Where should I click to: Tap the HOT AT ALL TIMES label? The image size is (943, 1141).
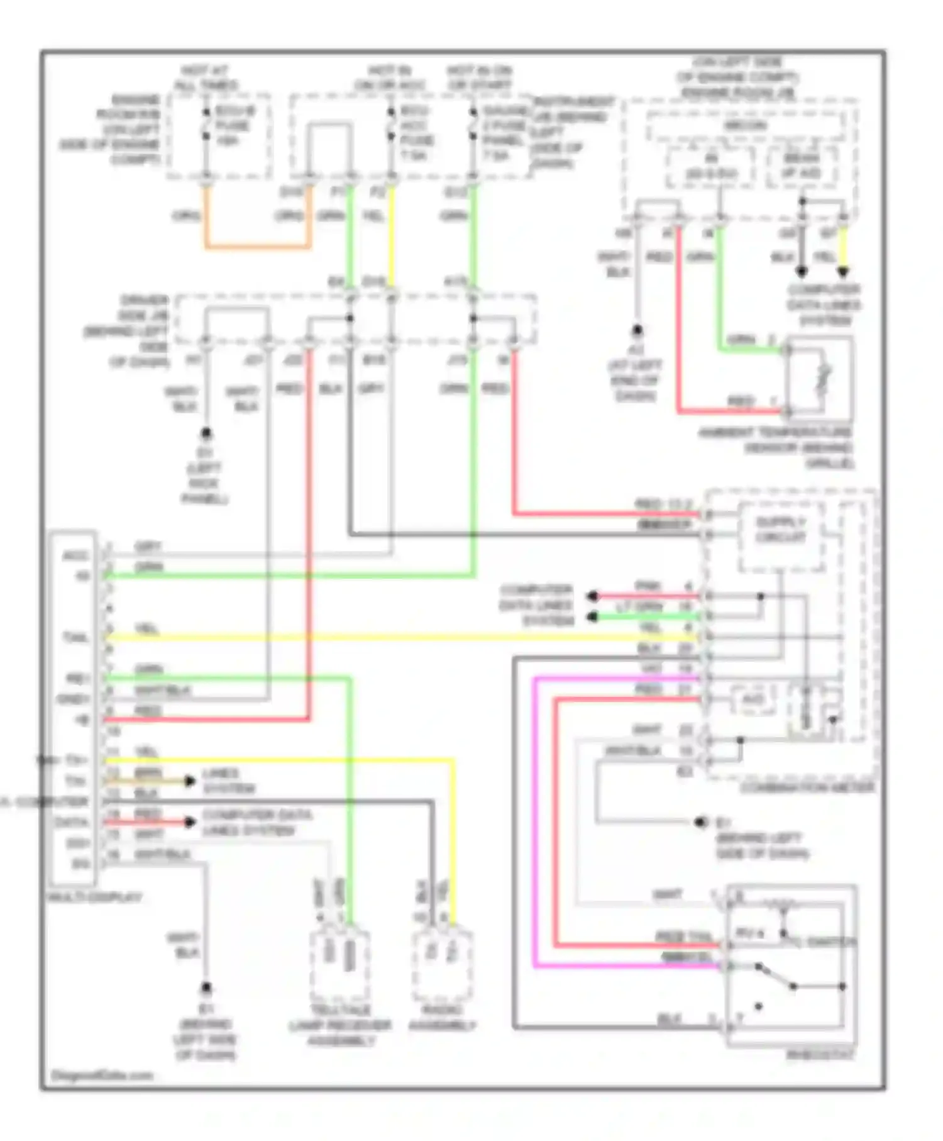205,78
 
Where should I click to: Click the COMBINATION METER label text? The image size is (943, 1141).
807,787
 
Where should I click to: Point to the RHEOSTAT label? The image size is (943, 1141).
820,1055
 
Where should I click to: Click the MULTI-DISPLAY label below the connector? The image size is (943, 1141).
95,897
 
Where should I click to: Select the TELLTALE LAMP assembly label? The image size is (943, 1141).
340,1025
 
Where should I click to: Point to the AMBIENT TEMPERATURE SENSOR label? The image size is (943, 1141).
776,447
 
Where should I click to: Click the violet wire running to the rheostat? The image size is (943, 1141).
534,818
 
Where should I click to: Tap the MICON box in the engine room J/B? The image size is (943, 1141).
745,126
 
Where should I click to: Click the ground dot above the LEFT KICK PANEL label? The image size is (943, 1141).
206,433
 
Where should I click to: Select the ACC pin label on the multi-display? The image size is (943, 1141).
75,556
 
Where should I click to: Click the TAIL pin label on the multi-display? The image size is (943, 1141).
75,638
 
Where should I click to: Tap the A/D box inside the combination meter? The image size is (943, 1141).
752,699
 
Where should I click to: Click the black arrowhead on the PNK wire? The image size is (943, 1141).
592,596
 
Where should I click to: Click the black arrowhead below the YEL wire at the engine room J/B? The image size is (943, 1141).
842,272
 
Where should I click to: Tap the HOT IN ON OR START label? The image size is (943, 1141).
479,78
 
